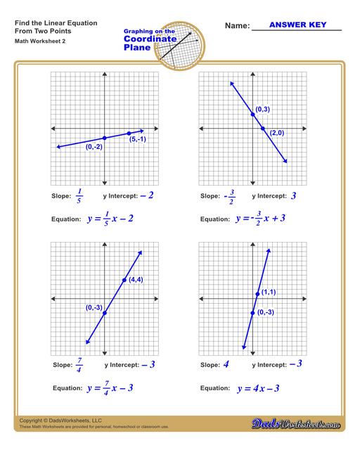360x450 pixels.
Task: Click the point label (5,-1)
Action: pyautogui.click(x=139, y=139)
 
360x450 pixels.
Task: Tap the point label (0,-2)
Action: pyautogui.click(x=94, y=146)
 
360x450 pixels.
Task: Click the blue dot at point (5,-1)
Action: pyautogui.click(x=129, y=133)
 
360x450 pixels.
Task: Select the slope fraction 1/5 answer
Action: pyautogui.click(x=79, y=195)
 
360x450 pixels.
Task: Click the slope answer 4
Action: pyautogui.click(x=226, y=365)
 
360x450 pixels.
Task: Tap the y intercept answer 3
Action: pyautogui.click(x=294, y=195)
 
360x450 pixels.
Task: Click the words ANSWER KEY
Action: pyautogui.click(x=295, y=25)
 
